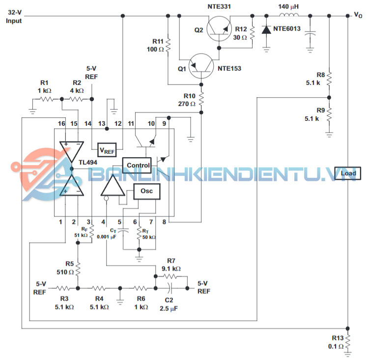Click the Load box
[x=347, y=173]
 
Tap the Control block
[x=138, y=165]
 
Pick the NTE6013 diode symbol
[x=266, y=30]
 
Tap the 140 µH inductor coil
[x=290, y=16]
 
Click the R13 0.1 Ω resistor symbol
[x=347, y=340]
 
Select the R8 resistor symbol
[x=329, y=78]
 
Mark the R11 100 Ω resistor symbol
[x=169, y=45]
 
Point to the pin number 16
[x=61, y=123]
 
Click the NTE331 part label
[x=220, y=6]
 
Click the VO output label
[x=358, y=15]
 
